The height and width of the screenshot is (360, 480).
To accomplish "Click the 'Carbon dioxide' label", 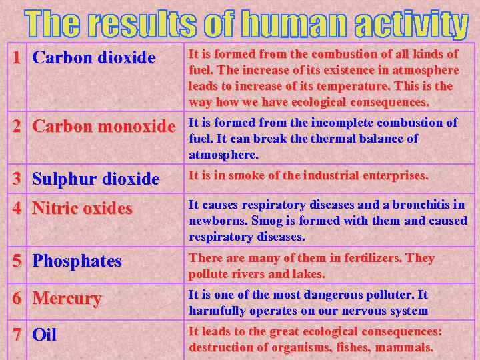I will click(93, 58).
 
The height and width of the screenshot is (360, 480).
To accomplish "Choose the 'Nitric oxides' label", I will click(82, 209).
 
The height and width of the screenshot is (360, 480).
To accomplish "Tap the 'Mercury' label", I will click(67, 298).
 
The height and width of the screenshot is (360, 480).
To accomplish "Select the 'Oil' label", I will click(45, 335).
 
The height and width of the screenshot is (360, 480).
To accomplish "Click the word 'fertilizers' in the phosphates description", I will click(350, 258).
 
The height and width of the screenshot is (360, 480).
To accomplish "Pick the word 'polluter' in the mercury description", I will click(385, 295).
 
